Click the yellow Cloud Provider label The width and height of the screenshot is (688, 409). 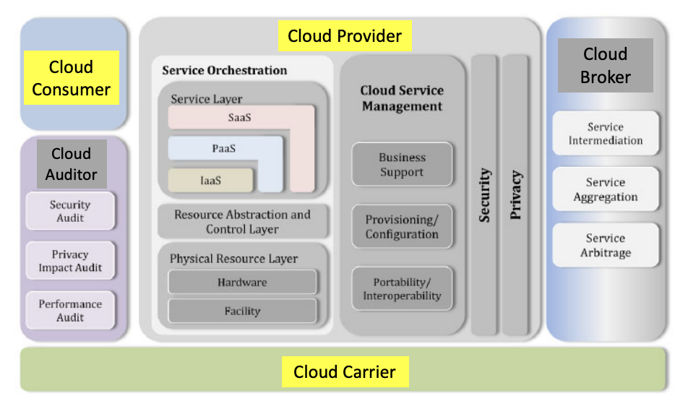pos(345,35)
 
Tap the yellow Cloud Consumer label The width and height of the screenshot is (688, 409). pos(71,78)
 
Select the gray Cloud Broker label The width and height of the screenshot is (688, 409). pos(605,65)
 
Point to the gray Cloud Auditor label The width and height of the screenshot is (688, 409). pos(71,164)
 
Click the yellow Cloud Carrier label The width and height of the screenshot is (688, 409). pos(345,372)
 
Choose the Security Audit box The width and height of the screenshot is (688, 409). pos(70,211)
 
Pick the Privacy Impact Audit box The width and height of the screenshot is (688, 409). pos(70,261)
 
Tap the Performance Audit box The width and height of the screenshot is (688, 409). pos(70,310)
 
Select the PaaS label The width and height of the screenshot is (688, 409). pos(224,149)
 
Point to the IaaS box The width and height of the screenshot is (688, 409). pos(211,181)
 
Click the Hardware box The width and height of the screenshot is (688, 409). pos(242,282)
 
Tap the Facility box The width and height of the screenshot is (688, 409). pos(242,311)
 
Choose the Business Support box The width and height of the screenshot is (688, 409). pos(402,165)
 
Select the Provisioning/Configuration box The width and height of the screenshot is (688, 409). pos(402,227)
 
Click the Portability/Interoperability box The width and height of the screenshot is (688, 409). pos(402,289)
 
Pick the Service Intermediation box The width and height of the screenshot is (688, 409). pos(606,133)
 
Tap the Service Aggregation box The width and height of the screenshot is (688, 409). pos(606,189)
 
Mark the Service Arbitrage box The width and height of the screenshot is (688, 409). pos(606,246)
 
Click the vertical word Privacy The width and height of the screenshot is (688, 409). pos(516,195)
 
